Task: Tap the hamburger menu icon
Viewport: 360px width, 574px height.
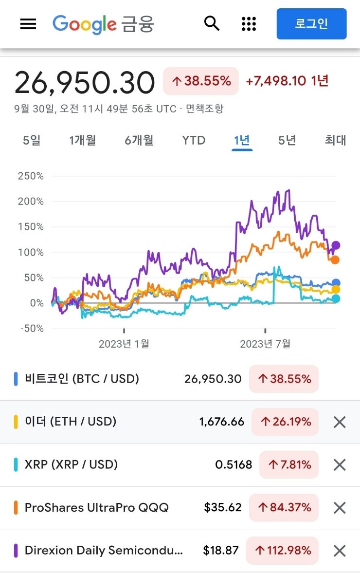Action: point(28,23)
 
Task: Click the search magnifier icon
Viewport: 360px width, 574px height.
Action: point(212,23)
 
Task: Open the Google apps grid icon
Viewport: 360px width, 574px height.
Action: point(249,23)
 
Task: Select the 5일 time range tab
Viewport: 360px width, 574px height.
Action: point(32,140)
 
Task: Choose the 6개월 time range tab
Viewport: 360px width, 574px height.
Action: point(139,140)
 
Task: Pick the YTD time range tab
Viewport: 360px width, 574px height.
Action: point(194,140)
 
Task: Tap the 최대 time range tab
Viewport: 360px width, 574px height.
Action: point(335,140)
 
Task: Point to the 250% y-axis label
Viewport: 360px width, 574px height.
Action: point(31,176)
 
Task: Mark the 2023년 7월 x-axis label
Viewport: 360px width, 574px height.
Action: point(265,344)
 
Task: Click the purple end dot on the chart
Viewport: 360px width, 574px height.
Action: point(335,245)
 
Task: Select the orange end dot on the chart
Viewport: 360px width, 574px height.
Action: point(335,260)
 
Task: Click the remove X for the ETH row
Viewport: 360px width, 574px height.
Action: point(340,422)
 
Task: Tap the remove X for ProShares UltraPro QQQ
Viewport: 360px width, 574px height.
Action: point(340,508)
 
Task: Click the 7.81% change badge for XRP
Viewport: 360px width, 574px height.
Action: point(289,464)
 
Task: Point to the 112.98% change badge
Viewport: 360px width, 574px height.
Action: point(282,551)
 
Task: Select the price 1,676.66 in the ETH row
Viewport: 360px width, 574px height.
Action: point(222,422)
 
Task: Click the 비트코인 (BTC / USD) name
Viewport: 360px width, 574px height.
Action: point(82,379)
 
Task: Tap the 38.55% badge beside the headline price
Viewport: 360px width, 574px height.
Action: point(201,81)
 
